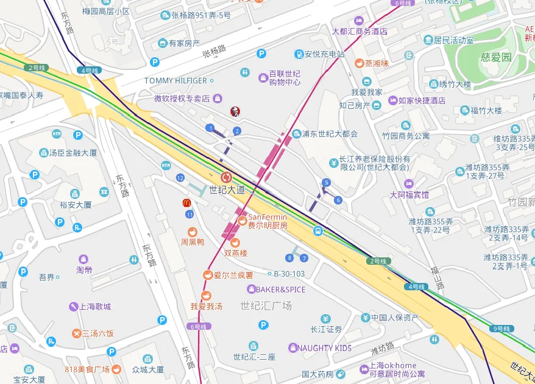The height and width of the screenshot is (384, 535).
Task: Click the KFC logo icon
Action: point(233,111)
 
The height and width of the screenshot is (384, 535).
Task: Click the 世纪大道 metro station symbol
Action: point(226,177)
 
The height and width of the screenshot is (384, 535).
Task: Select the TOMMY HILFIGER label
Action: point(175,80)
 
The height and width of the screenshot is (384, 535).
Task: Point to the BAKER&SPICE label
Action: point(280,289)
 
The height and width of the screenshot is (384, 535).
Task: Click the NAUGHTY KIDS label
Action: point(324,348)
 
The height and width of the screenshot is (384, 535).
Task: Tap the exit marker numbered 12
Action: point(180,178)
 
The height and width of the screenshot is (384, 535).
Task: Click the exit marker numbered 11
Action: point(190,214)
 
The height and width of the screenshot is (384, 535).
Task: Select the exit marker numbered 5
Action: point(327,182)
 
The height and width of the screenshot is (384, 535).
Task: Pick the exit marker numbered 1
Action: point(210,128)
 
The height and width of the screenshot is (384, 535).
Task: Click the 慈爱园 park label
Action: point(495,57)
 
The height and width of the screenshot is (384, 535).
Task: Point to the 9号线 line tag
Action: point(500,329)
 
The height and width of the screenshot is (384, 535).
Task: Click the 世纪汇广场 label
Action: point(266,305)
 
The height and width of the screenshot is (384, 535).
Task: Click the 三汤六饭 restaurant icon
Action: point(76,333)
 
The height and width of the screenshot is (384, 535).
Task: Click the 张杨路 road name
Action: point(214,52)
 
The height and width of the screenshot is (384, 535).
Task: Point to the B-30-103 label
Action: point(289,274)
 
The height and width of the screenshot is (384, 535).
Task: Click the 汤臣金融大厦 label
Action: point(73,153)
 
